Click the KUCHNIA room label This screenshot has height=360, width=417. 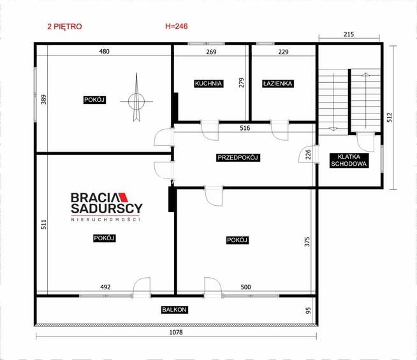point(208,83)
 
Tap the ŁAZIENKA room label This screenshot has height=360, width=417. point(277,83)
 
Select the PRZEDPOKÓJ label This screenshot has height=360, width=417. point(238,157)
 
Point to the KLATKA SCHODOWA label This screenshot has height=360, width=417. point(349,161)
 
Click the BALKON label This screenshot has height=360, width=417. point(175,310)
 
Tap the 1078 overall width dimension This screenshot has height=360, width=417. point(176,332)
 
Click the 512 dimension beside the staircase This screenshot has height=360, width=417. point(390,117)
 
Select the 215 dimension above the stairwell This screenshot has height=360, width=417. point(349,34)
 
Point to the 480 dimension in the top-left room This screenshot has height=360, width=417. point(105,51)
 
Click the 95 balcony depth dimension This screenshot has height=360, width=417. point(308,310)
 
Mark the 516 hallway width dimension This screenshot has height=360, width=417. point(245,128)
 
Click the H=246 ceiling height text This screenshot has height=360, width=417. point(177,26)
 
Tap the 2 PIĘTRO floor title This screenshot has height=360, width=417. point(64,27)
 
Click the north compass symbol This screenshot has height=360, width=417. point(136,97)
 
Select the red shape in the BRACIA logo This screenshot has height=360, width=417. point(123,197)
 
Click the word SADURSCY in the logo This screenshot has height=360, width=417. point(106,208)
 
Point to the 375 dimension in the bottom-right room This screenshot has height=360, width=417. point(307,241)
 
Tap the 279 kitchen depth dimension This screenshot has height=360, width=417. point(241,83)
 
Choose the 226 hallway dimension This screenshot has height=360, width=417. point(308,154)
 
